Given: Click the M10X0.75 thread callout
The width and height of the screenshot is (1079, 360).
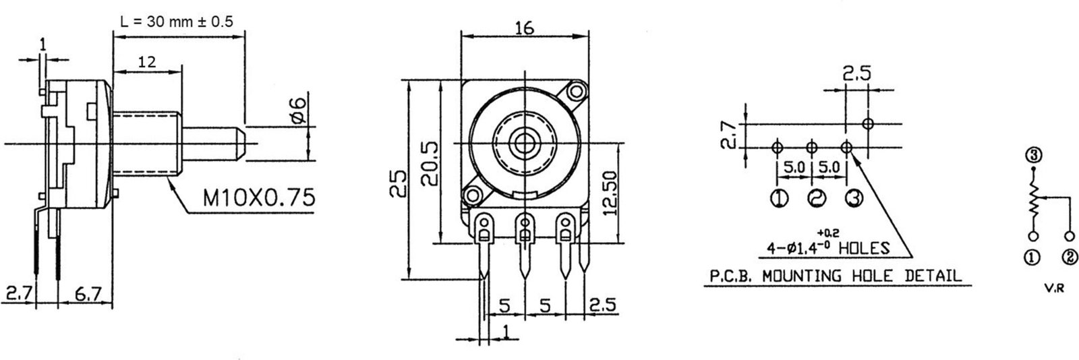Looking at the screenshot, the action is tap(259, 197).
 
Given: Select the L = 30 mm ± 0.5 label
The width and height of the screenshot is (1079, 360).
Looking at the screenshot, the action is tap(176, 22).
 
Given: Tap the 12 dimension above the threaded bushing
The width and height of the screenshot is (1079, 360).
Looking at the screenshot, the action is tap(147, 61).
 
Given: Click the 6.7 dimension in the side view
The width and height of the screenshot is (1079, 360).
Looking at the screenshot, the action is tap(88, 293).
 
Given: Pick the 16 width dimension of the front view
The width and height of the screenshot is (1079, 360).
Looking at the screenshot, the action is tap(524, 28).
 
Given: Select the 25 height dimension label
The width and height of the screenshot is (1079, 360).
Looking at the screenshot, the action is tap(398, 184).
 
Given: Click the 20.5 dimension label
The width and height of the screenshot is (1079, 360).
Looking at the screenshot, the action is tap(430, 164).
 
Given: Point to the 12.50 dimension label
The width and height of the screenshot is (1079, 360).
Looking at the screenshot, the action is tap(609, 193).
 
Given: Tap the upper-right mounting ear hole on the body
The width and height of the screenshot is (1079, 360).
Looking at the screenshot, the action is tap(575, 91).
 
